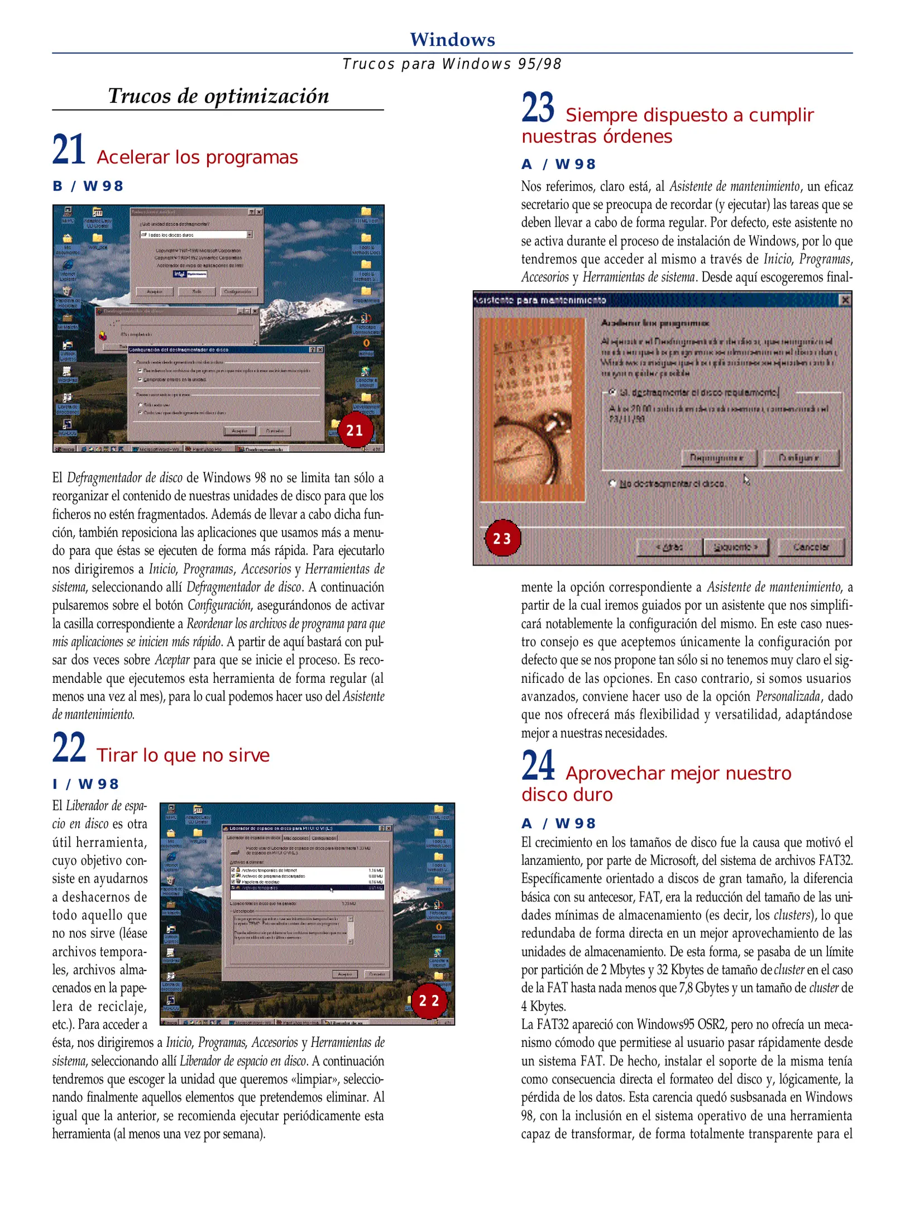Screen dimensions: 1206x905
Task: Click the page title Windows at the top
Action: click(452, 40)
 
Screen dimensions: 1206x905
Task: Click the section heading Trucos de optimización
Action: click(218, 96)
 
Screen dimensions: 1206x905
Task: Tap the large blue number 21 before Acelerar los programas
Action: click(69, 150)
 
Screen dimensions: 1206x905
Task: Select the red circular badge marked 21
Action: click(355, 430)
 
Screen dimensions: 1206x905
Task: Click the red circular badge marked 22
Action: click(429, 1001)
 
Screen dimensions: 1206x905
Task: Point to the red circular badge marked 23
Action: click(502, 538)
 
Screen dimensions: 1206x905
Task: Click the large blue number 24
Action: click(538, 765)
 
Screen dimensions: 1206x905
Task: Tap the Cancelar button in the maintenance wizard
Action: click(811, 547)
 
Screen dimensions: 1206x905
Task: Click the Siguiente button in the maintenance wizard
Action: click(736, 547)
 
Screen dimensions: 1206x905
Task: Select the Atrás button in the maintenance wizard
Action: click(669, 547)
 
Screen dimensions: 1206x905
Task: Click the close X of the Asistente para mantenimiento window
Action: click(845, 300)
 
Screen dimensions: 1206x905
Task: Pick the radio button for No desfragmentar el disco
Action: click(612, 483)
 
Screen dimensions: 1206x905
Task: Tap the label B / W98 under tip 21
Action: click(88, 186)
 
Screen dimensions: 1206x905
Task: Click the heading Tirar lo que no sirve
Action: click(183, 755)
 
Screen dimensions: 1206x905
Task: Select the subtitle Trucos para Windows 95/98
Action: click(452, 64)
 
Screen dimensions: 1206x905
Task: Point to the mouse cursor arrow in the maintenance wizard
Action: click(746, 480)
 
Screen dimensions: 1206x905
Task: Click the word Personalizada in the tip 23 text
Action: click(788, 696)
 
